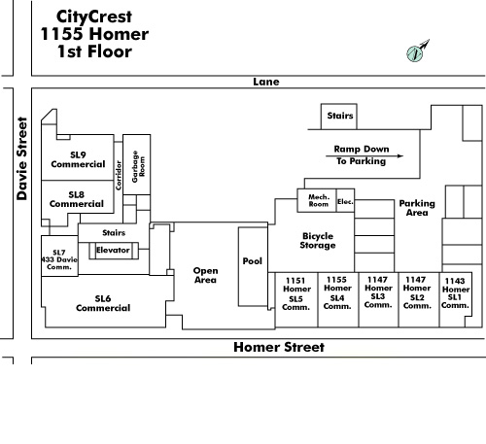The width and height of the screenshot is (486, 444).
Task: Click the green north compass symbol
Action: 415,53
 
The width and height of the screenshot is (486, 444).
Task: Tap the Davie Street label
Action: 22,158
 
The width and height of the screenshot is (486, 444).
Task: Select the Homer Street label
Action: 279,347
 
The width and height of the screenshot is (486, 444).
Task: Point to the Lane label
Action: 266,82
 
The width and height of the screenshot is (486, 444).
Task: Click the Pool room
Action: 253,266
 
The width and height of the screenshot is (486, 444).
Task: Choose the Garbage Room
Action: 136,164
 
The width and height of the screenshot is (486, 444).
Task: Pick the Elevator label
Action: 113,250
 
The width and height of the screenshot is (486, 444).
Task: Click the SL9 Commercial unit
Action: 78,157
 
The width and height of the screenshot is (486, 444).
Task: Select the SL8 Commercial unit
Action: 78,197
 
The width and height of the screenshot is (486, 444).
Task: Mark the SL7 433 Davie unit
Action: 59,256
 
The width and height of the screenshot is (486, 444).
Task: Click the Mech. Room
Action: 317,200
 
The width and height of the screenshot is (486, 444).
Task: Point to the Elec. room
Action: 345,200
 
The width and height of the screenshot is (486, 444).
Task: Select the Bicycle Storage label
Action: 318,241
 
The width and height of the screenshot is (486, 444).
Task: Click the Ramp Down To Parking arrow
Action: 364,155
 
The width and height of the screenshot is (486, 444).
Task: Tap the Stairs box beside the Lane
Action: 339,117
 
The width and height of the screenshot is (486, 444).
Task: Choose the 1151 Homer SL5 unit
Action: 296,299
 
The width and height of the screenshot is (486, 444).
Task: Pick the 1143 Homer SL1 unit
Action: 455,298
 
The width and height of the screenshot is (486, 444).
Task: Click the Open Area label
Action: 205,275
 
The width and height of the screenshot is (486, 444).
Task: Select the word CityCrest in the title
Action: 94,17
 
